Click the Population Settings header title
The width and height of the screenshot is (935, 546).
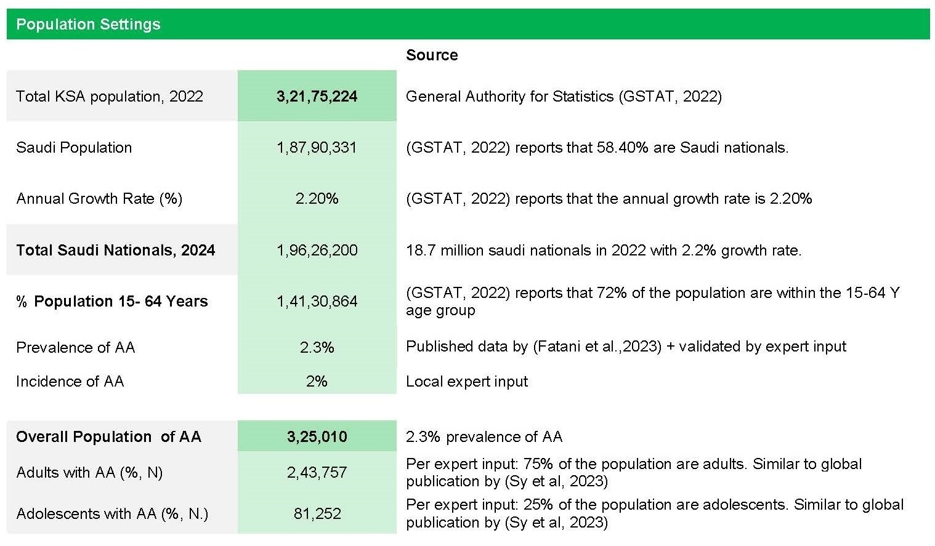pyautogui.click(x=88, y=25)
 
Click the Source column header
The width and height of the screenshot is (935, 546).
pyautogui.click(x=432, y=55)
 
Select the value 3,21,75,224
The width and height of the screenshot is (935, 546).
pyautogui.click(x=317, y=97)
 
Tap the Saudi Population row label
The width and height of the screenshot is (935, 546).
pyautogui.click(x=74, y=148)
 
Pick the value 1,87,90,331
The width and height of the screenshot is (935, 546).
pyautogui.click(x=317, y=148)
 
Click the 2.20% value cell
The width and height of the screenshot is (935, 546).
pyautogui.click(x=317, y=199)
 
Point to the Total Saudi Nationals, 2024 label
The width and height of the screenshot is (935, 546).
pyautogui.click(x=116, y=251)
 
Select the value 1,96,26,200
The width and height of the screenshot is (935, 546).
pyautogui.click(x=317, y=251)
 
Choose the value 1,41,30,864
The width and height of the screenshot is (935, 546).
pyautogui.click(x=317, y=302)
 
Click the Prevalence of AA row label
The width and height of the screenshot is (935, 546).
pyautogui.click(x=75, y=348)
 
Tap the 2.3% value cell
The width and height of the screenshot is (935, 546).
pyautogui.click(x=317, y=348)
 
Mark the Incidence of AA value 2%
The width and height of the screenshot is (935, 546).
pyautogui.click(x=317, y=382)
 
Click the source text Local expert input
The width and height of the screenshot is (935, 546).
pyautogui.click(x=466, y=382)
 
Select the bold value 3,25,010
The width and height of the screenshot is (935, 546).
pyautogui.click(x=317, y=437)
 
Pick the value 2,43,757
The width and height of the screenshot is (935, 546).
pyautogui.click(x=317, y=473)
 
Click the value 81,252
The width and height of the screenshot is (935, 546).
pyautogui.click(x=317, y=514)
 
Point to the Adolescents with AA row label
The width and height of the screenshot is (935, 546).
pyautogui.click(x=112, y=514)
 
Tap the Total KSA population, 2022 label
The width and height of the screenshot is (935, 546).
pyautogui.click(x=110, y=97)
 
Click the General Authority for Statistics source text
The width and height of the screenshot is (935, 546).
pyautogui.click(x=564, y=97)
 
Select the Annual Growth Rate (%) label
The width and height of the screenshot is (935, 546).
pyautogui.click(x=99, y=199)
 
